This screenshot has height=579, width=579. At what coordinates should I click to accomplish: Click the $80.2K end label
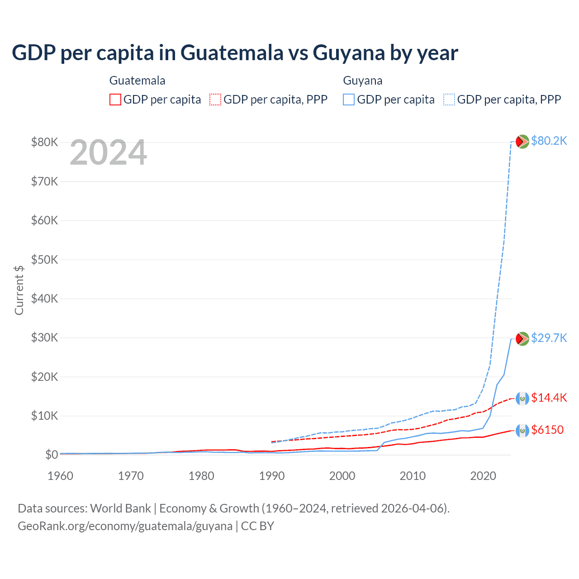click(x=549, y=141)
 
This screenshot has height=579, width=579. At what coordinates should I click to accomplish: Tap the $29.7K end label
click(x=549, y=338)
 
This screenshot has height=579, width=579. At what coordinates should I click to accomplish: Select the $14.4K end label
click(x=549, y=398)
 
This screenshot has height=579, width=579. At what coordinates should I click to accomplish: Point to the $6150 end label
click(x=547, y=430)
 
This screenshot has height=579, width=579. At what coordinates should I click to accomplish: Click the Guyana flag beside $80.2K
click(x=522, y=142)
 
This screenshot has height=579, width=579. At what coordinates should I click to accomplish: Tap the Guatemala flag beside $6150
click(x=522, y=431)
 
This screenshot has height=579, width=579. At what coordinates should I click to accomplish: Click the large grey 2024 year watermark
click(x=109, y=152)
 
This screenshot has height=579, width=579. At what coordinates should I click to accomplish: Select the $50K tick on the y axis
click(x=44, y=260)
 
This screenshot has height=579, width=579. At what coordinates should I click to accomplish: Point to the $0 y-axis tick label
click(x=52, y=455)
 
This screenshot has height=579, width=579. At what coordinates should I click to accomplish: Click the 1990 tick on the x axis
click(x=272, y=476)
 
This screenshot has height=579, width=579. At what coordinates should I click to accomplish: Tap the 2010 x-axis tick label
click(x=413, y=476)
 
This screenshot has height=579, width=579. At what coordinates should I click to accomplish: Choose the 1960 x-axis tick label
click(x=61, y=476)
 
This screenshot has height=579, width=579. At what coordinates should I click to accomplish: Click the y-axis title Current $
click(x=19, y=290)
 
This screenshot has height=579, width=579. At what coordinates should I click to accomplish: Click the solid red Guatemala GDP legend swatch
click(x=115, y=100)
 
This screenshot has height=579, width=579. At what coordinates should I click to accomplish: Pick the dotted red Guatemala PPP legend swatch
click(x=215, y=100)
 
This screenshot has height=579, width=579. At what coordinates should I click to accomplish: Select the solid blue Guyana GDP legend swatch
click(x=349, y=100)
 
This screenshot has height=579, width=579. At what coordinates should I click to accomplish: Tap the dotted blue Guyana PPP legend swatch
click(x=449, y=100)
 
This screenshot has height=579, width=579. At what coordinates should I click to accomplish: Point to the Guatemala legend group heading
click(x=138, y=81)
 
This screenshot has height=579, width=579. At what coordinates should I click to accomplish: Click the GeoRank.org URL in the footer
click(x=125, y=526)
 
